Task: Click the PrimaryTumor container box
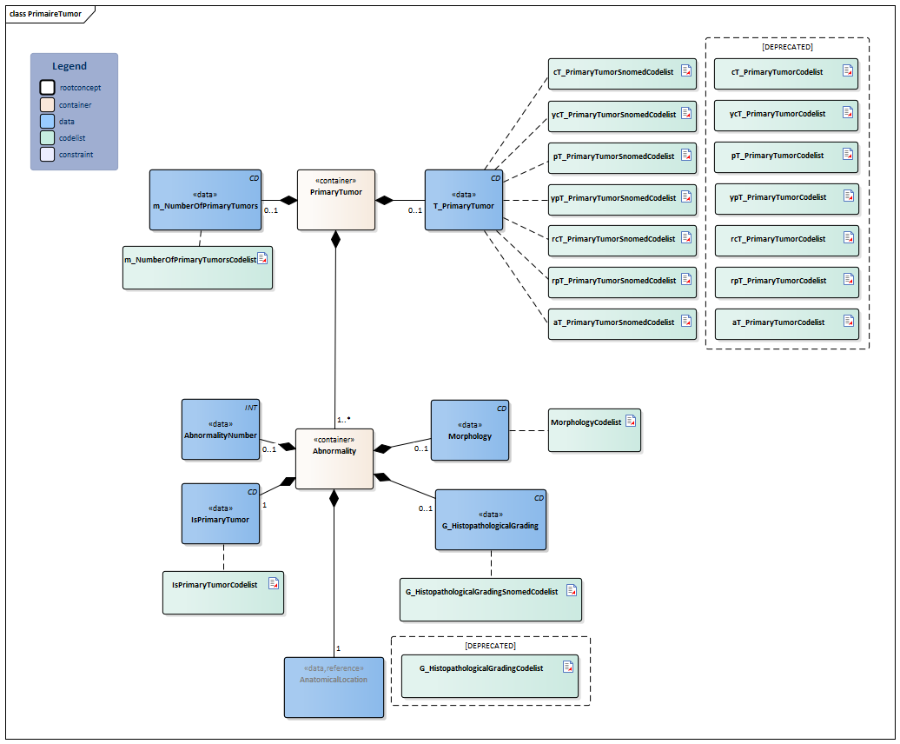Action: (336, 200)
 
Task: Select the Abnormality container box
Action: (334, 458)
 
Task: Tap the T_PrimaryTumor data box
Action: (464, 200)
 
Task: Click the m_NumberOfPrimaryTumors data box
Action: (205, 200)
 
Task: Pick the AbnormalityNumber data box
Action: (221, 429)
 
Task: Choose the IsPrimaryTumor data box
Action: (221, 514)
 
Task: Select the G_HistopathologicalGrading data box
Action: (491, 520)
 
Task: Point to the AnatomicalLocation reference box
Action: (334, 687)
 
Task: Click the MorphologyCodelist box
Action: (594, 430)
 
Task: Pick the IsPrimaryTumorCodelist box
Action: (223, 593)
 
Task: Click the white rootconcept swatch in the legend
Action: (47, 88)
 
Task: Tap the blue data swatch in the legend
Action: (47, 122)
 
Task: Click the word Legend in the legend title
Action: (69, 66)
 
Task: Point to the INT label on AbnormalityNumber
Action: (252, 407)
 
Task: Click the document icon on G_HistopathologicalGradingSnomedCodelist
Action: (572, 590)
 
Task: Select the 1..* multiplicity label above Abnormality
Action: (344, 420)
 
